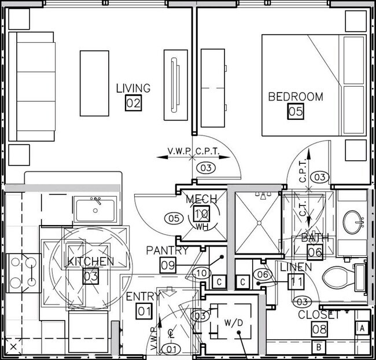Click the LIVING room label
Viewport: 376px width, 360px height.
click(133, 89)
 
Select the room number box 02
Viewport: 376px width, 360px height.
click(134, 104)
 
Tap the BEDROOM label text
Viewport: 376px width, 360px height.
click(295, 97)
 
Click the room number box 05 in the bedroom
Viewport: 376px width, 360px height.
click(296, 112)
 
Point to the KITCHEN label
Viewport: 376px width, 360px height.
click(91, 262)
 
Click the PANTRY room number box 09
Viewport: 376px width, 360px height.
click(168, 265)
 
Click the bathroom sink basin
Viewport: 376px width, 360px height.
click(353, 221)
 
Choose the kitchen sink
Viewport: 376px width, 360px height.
click(95, 209)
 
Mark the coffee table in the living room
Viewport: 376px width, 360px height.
click(94, 83)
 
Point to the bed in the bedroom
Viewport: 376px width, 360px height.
click(312, 86)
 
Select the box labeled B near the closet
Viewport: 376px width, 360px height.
click(318, 347)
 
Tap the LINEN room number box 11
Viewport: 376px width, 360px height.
click(296, 282)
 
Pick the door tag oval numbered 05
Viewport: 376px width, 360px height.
click(173, 218)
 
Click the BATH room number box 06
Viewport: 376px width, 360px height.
click(315, 252)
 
